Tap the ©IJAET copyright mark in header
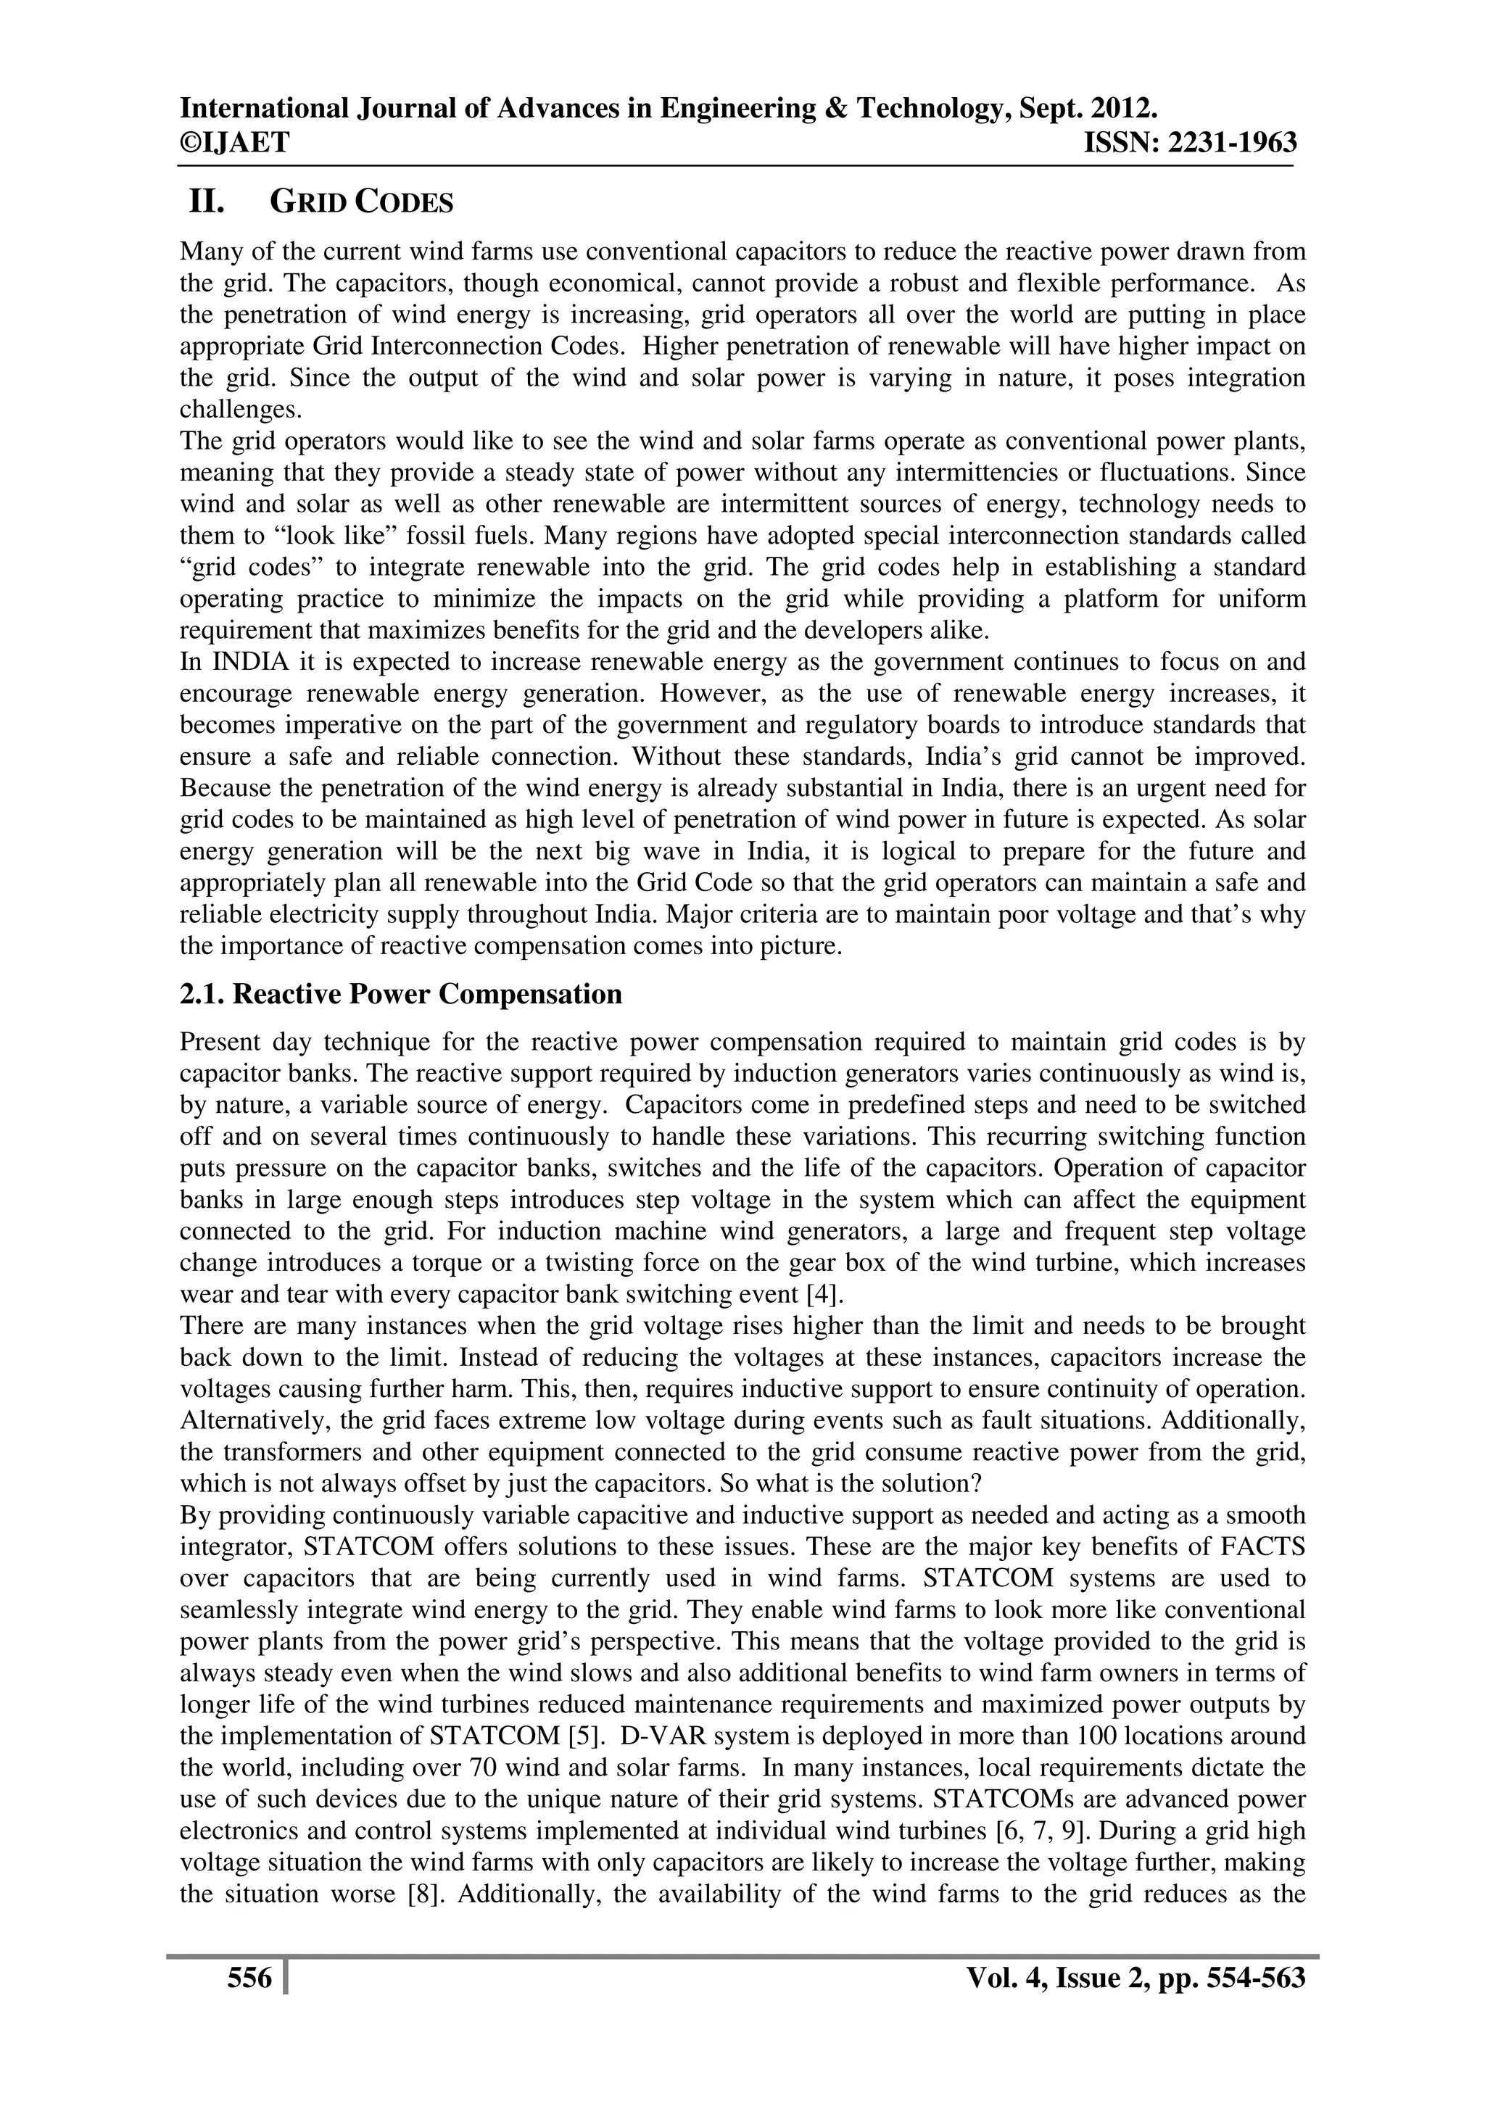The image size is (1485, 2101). point(234,143)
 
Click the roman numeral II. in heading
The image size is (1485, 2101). point(207,202)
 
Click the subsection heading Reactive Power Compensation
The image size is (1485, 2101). point(401,994)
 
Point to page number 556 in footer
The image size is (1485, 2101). point(249,1978)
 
